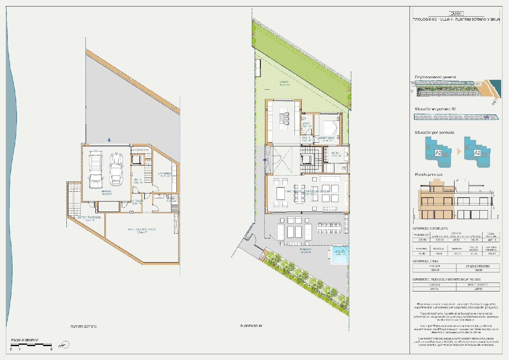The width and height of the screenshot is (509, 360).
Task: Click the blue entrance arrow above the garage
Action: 109,140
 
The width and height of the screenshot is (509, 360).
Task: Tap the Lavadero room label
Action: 165,174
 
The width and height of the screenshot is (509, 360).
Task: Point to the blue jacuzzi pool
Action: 339,255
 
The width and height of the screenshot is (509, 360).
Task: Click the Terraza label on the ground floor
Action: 305,250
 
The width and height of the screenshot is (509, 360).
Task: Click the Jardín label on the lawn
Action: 284,83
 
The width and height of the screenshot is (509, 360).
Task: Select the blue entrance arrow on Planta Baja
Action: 265,160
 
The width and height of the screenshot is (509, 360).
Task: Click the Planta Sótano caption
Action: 83,326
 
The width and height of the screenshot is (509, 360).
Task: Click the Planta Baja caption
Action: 251,326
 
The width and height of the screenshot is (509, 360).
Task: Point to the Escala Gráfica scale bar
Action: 31,345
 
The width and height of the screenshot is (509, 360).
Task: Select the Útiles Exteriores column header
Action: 478,266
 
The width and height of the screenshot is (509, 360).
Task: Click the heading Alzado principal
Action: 429,175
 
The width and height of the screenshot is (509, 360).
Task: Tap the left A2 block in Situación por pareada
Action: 438,153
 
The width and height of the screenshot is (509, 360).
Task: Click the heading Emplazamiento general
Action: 435,77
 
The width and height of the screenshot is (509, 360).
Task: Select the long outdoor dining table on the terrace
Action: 329,228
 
